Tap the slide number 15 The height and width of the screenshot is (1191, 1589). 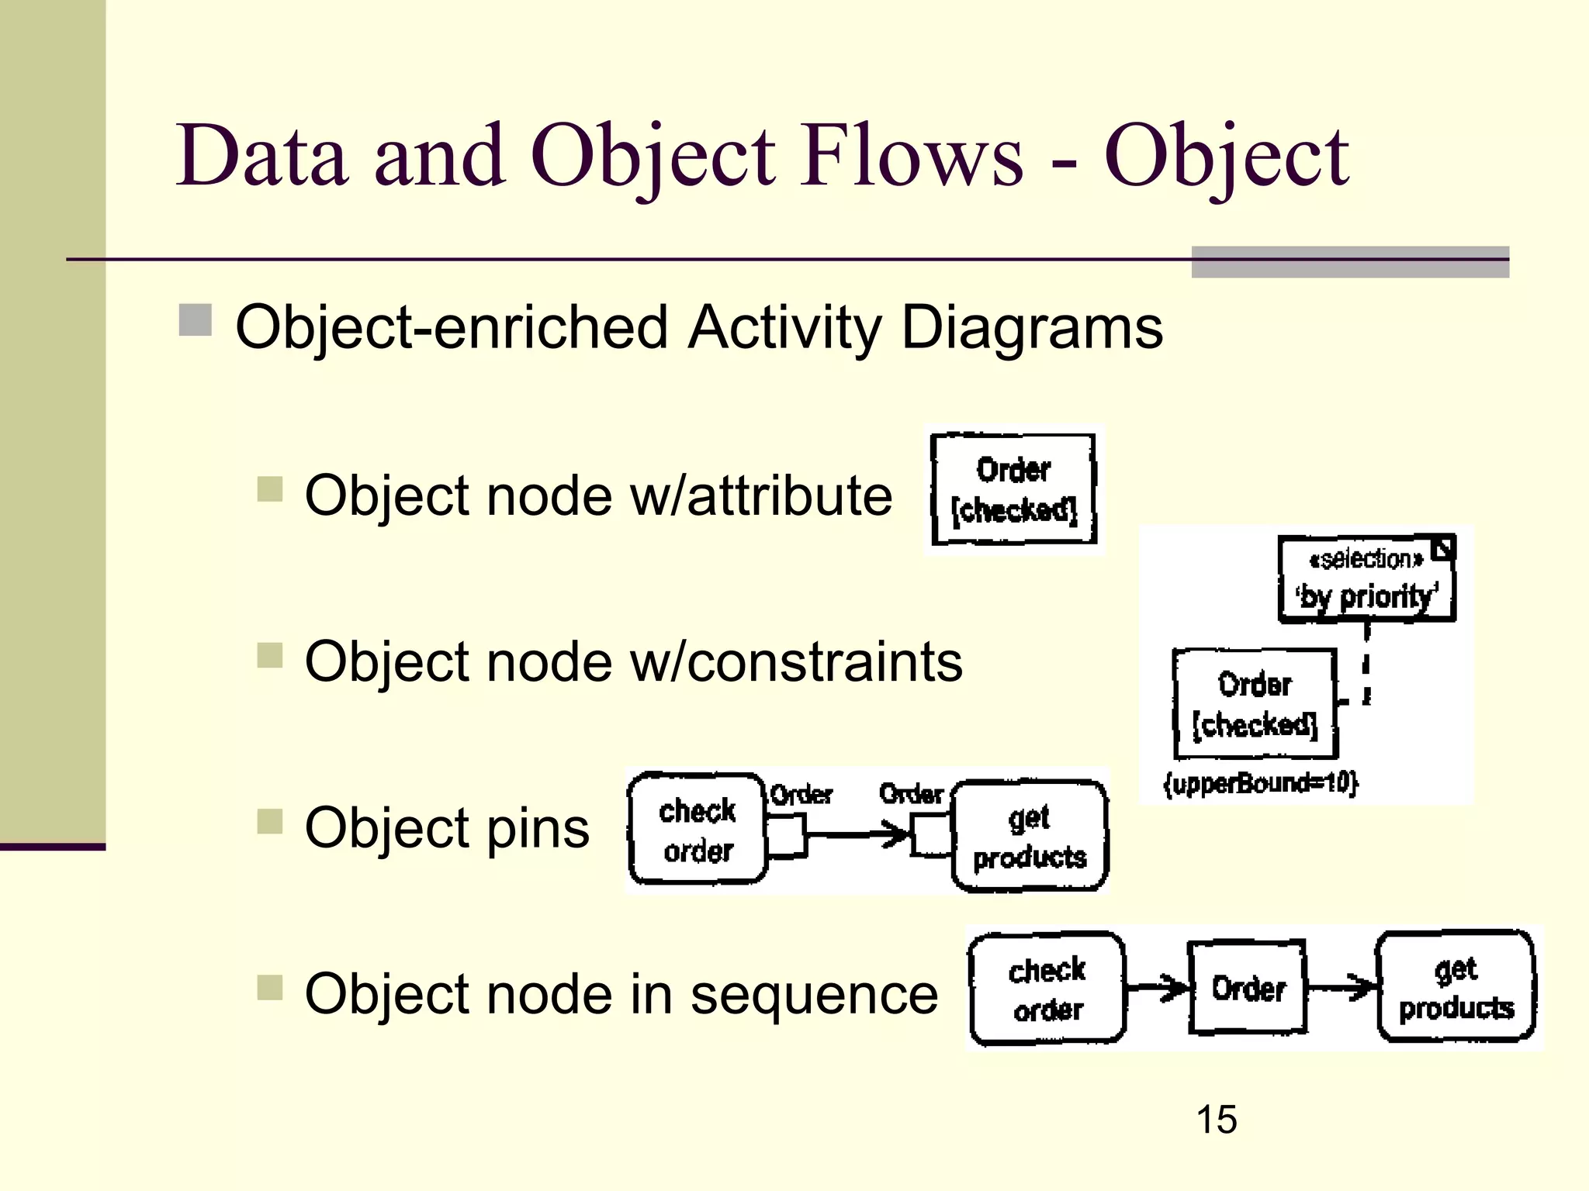(x=1216, y=1120)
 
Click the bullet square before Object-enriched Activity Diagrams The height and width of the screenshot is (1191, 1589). (x=195, y=320)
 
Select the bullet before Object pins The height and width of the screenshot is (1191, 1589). (x=269, y=822)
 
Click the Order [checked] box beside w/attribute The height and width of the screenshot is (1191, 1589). (x=1014, y=490)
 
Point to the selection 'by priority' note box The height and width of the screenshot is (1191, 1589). (x=1366, y=579)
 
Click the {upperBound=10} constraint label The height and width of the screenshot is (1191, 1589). (x=1261, y=783)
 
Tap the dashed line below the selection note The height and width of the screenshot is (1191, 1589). (x=1366, y=665)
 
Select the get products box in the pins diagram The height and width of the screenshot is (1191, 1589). (x=1030, y=837)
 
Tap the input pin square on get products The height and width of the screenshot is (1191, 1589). (x=930, y=835)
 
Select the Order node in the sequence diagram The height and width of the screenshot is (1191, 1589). (x=1248, y=988)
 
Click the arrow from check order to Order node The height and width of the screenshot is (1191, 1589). (x=1156, y=987)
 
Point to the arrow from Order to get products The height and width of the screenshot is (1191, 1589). (x=1341, y=987)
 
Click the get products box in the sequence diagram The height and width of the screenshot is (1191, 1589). (x=1456, y=987)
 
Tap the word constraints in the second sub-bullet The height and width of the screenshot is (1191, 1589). (x=824, y=662)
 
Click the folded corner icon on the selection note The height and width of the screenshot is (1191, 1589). (x=1442, y=549)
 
